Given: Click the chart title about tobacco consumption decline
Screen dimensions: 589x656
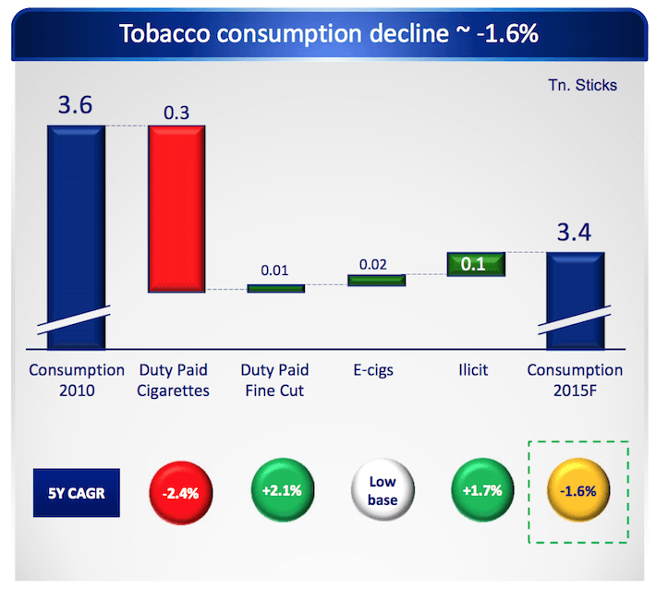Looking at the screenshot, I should [329, 33].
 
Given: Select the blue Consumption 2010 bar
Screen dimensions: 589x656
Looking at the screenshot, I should [76, 231].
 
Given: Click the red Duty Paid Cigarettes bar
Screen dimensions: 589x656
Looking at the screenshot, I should [176, 208].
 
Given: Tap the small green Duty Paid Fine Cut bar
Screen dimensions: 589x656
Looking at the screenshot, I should [275, 288].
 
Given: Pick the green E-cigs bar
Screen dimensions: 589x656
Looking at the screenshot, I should [376, 280].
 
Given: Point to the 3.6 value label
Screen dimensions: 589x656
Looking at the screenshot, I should [75, 106].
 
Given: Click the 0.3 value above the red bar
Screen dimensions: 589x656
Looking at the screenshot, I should [176, 112].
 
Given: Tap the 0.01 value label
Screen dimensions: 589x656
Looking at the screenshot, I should [275, 271].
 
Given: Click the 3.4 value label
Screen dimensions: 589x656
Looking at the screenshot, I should [576, 234].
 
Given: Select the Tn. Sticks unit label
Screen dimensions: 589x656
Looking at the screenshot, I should [582, 85].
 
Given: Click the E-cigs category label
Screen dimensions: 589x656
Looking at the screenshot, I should [374, 371].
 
